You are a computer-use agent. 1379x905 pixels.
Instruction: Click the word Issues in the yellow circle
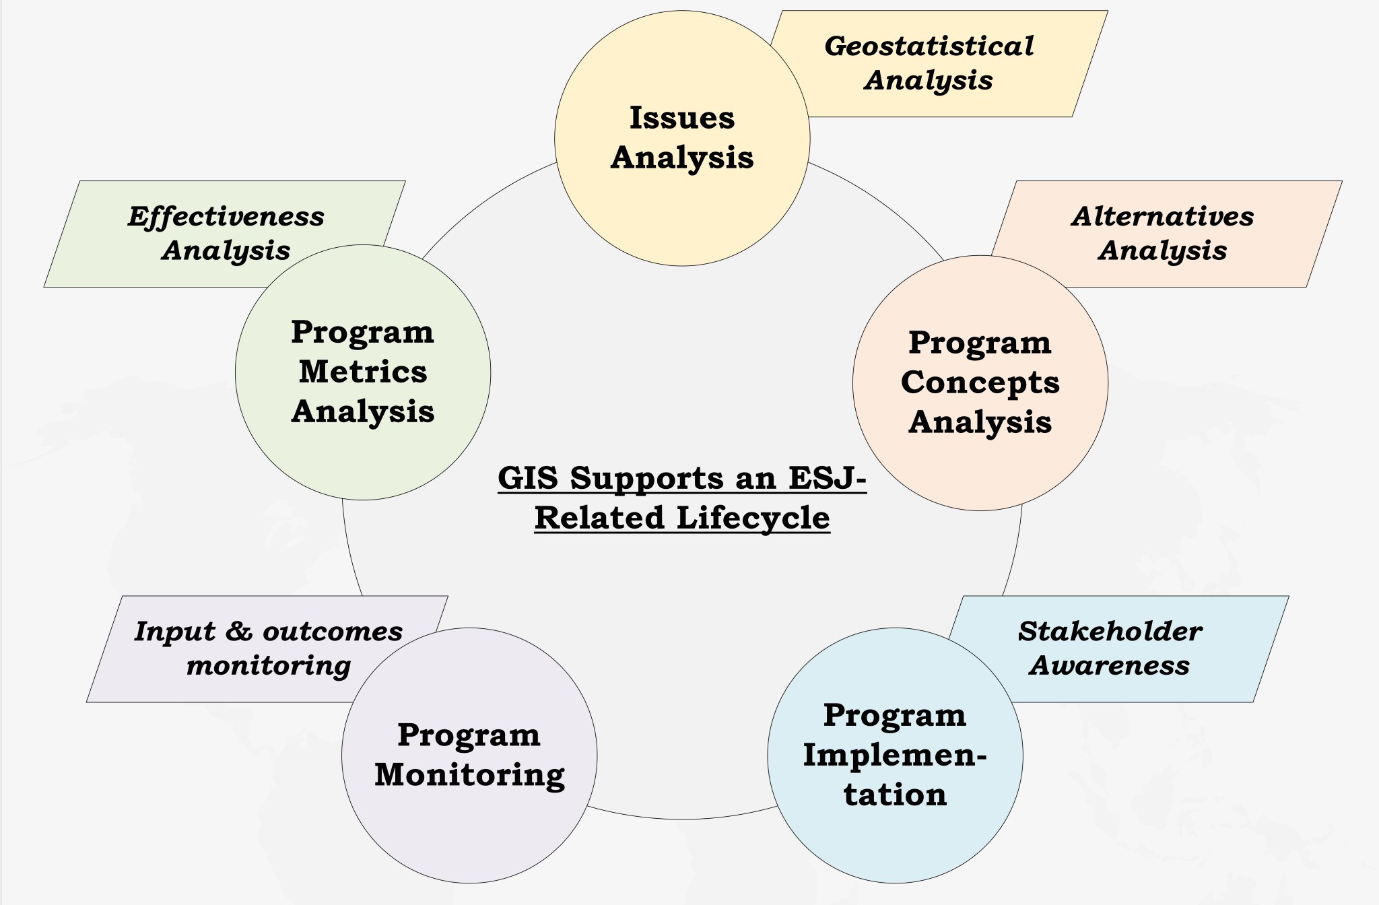(x=681, y=118)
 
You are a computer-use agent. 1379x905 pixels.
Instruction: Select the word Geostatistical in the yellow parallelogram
(x=929, y=46)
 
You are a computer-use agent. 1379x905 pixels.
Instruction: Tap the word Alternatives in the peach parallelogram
(x=1162, y=217)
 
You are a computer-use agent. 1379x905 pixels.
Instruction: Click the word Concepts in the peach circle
(x=980, y=382)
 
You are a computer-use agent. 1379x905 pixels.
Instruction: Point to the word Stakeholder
(x=1110, y=632)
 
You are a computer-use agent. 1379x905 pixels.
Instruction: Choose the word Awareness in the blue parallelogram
(x=1109, y=666)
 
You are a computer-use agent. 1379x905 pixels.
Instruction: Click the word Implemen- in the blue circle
(x=894, y=755)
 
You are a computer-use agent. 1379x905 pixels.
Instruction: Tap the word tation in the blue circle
(x=895, y=795)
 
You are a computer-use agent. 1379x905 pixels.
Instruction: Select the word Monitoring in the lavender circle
(x=469, y=775)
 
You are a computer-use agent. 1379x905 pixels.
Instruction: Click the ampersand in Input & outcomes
(x=239, y=632)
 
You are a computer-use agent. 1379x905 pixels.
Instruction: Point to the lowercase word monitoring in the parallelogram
(x=268, y=666)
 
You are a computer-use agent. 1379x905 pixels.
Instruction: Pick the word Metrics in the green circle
(x=362, y=372)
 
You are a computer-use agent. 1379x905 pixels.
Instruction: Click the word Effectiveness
(x=226, y=217)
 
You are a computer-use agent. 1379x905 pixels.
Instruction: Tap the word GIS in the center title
(x=528, y=478)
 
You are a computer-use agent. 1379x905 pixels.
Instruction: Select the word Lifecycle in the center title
(x=753, y=518)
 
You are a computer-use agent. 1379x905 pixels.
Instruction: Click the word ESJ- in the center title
(x=827, y=478)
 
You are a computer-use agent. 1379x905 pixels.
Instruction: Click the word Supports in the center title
(x=646, y=478)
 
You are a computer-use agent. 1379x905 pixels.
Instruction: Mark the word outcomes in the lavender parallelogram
(x=332, y=632)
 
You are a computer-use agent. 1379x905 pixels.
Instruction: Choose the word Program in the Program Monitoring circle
(x=469, y=735)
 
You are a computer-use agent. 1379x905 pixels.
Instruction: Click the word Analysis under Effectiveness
(x=226, y=250)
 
